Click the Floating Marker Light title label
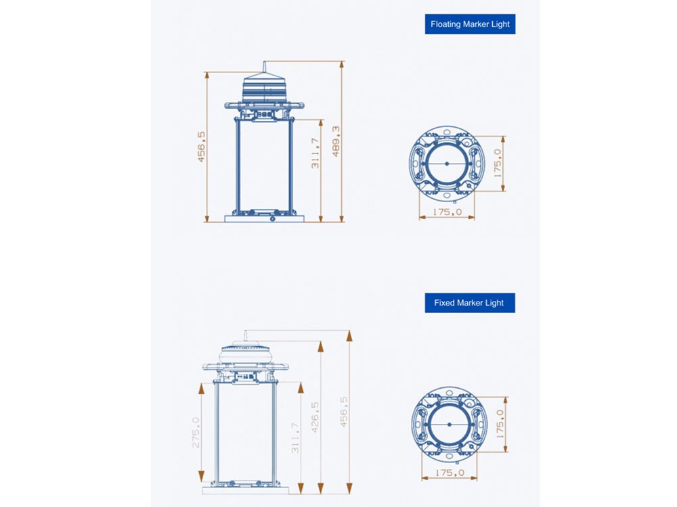click(x=470, y=24)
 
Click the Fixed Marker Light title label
click(x=470, y=303)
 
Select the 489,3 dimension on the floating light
click(x=336, y=141)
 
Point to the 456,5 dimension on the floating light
click(x=202, y=147)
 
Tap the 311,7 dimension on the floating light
click(x=315, y=153)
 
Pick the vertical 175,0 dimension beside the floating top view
click(x=498, y=164)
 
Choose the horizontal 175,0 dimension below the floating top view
click(x=447, y=212)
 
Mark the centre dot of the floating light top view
click(x=447, y=164)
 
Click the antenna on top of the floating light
click(x=264, y=69)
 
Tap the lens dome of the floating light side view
click(x=264, y=90)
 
